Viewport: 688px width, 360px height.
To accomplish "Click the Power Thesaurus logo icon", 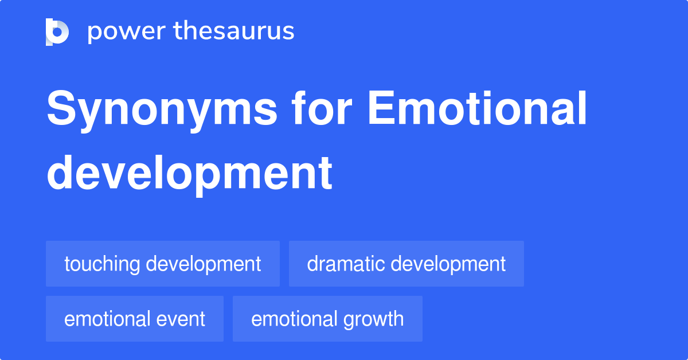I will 57,32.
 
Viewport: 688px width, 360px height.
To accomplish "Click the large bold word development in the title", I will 189,173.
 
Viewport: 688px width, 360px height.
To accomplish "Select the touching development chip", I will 163,264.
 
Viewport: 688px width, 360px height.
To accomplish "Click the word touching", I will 102,264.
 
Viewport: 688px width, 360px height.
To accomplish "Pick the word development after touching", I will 204,264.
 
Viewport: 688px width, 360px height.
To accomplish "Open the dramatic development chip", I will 406,264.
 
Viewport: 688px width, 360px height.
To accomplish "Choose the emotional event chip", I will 135,319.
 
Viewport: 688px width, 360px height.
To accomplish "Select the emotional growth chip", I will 327,319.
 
